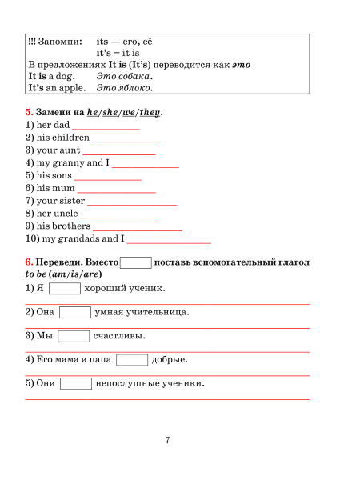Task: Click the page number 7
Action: (x=167, y=440)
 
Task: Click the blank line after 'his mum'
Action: (x=116, y=190)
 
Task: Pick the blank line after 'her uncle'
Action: (x=119, y=215)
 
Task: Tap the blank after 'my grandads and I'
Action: (x=169, y=240)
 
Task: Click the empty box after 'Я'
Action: (x=65, y=289)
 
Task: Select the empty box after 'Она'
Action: (x=75, y=312)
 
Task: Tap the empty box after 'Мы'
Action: (x=73, y=336)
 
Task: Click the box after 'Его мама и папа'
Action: (x=132, y=360)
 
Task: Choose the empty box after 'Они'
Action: (x=76, y=384)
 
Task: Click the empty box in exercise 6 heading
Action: (x=136, y=262)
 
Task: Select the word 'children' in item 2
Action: (x=72, y=138)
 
